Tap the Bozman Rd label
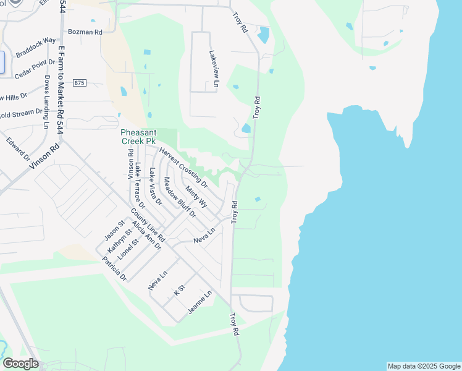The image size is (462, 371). pos(85,31)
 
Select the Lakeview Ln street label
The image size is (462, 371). pos(213,70)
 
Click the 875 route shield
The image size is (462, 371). pos(79,83)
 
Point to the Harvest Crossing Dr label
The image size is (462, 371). pos(183,167)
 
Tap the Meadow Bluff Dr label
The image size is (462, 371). pos(179,197)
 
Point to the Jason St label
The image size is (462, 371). pos(114,230)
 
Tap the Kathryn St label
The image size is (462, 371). pos(119,241)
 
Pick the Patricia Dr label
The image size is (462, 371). pos(115,269)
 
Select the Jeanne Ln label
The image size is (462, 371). pos(199,302)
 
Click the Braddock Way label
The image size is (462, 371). pos(36,47)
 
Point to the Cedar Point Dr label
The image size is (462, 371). pos(35,68)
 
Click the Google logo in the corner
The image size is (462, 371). pos(20,364)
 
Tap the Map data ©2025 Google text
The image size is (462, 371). pos(424,366)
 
